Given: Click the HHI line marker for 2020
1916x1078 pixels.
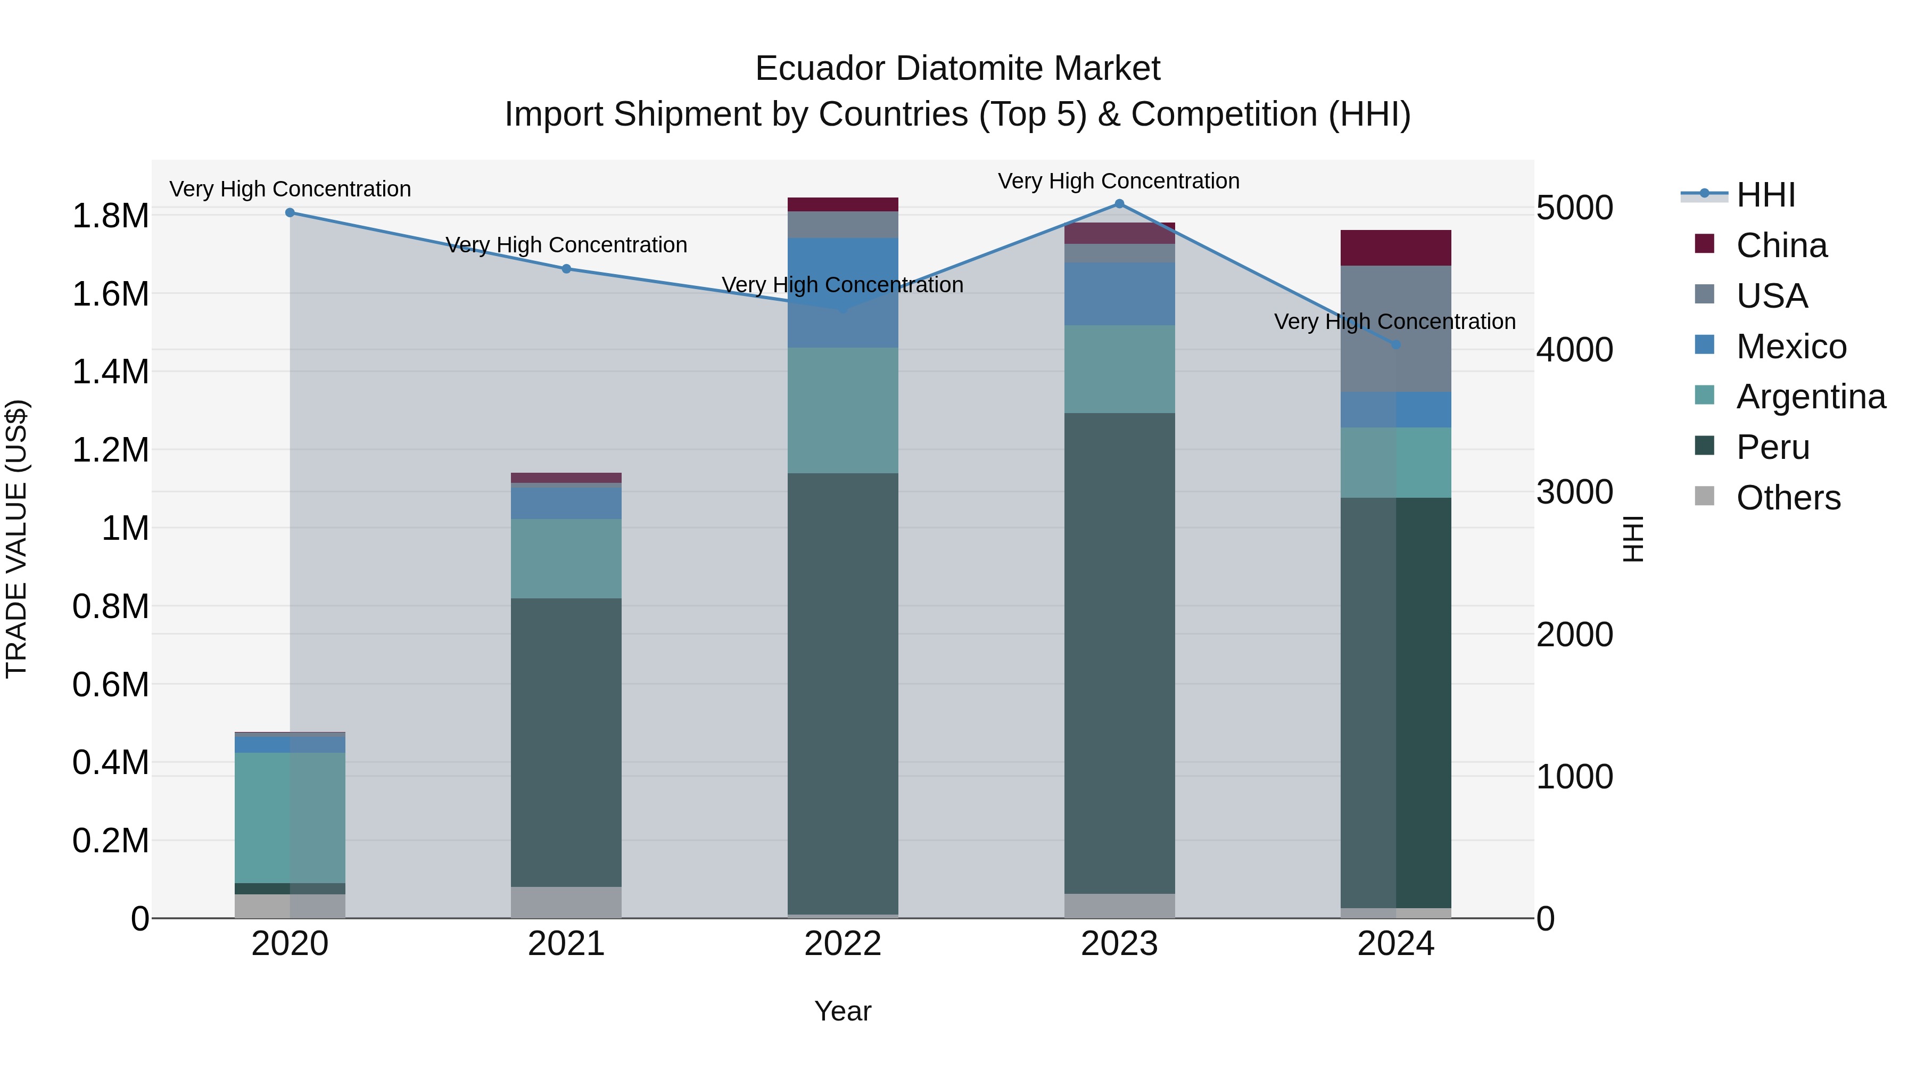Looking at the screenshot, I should coord(290,213).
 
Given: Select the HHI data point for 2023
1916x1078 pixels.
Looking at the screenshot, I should coord(1119,204).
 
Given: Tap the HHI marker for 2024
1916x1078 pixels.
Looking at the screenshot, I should coord(1396,344).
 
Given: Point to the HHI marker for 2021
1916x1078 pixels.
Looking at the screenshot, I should coord(567,269).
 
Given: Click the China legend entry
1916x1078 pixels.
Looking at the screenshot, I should coord(1781,245).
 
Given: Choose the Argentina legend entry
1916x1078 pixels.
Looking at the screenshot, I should coord(1811,397).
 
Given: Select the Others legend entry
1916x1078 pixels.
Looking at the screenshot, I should coord(1788,498).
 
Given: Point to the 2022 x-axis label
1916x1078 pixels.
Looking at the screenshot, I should coord(843,944).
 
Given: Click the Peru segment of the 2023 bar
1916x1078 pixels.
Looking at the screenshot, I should coord(1119,653).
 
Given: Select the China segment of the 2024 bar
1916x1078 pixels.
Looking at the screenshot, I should coord(1396,248).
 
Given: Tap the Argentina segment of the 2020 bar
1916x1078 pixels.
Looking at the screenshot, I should coord(290,818).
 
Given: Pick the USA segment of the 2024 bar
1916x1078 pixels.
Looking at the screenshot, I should coord(1396,329).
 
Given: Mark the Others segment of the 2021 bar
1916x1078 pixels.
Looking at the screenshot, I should coord(567,902).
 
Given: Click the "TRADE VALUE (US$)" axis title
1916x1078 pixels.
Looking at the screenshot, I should coord(16,539).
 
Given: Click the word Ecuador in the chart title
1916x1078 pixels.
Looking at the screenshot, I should coord(822,69).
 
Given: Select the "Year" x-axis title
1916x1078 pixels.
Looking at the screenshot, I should coord(843,1011).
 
